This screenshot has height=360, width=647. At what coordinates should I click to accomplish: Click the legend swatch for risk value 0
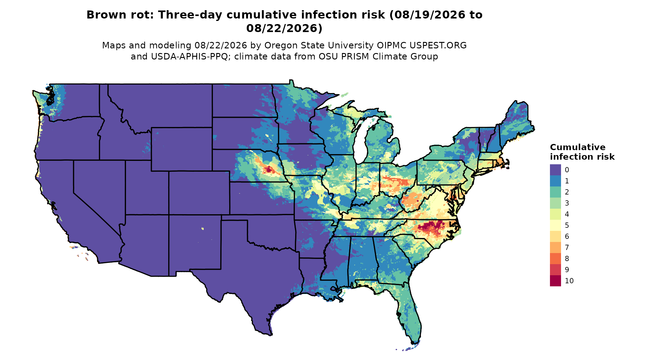tap(555, 170)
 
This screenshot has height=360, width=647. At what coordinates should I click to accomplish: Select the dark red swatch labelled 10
tap(555, 281)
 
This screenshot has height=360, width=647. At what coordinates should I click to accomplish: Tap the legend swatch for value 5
tap(555, 225)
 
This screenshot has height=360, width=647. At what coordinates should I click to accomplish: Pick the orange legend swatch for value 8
tap(555, 259)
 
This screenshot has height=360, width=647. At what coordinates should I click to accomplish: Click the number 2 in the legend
tap(567, 192)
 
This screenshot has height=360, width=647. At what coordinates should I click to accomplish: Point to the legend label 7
tap(567, 247)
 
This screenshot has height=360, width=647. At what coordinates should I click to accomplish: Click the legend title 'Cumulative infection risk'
tap(582, 152)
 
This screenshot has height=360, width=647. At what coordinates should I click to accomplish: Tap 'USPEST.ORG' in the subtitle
tap(438, 45)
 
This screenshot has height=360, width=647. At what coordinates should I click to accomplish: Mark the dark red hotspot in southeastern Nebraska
tap(269, 169)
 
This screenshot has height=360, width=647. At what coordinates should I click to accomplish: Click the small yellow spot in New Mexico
tap(202, 228)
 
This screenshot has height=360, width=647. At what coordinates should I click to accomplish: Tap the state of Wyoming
tap(181, 149)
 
